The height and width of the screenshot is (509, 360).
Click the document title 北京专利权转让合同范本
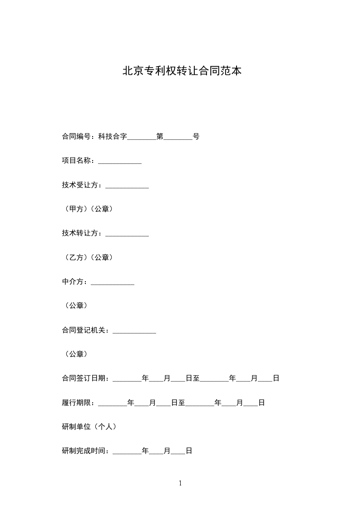[x=182, y=71]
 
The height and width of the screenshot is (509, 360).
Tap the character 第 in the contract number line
[x=160, y=136]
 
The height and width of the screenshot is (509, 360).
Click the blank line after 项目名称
[x=120, y=162]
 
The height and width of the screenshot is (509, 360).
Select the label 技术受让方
[x=80, y=185]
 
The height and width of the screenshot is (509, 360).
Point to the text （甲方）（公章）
[x=87, y=209]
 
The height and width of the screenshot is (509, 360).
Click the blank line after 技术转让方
[x=127, y=234]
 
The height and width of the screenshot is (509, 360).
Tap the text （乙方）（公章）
[x=87, y=257]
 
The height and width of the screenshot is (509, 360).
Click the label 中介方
[x=73, y=282]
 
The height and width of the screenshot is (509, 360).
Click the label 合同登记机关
[x=84, y=330]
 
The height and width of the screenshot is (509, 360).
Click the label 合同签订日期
[x=84, y=378]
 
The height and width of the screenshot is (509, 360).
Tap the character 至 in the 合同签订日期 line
[x=196, y=378]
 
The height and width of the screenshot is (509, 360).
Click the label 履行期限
[x=76, y=402]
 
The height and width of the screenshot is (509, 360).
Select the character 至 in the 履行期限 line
[x=182, y=402]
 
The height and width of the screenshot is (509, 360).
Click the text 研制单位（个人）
[x=89, y=426]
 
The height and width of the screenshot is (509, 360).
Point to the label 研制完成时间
[x=84, y=451]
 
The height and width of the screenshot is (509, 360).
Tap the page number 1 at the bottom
[x=180, y=484]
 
